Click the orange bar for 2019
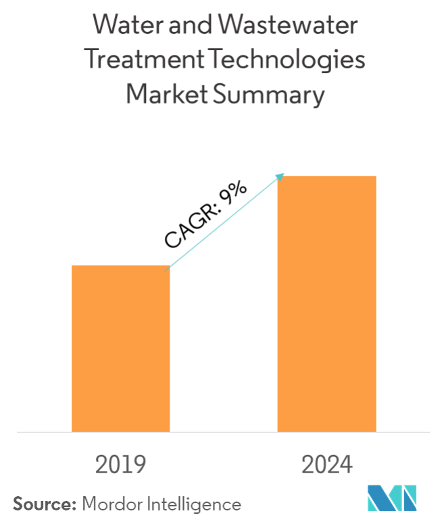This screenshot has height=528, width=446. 120,348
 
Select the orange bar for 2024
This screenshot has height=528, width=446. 326,303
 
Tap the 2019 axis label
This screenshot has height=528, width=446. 120,465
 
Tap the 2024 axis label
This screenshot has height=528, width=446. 327,465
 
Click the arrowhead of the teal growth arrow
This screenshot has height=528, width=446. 280,177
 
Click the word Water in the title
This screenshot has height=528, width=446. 126,28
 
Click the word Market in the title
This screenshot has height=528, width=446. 167,95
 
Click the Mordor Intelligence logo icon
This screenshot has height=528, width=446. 392,498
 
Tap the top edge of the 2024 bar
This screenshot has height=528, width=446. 326,176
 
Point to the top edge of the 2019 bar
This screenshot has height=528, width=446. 120,266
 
